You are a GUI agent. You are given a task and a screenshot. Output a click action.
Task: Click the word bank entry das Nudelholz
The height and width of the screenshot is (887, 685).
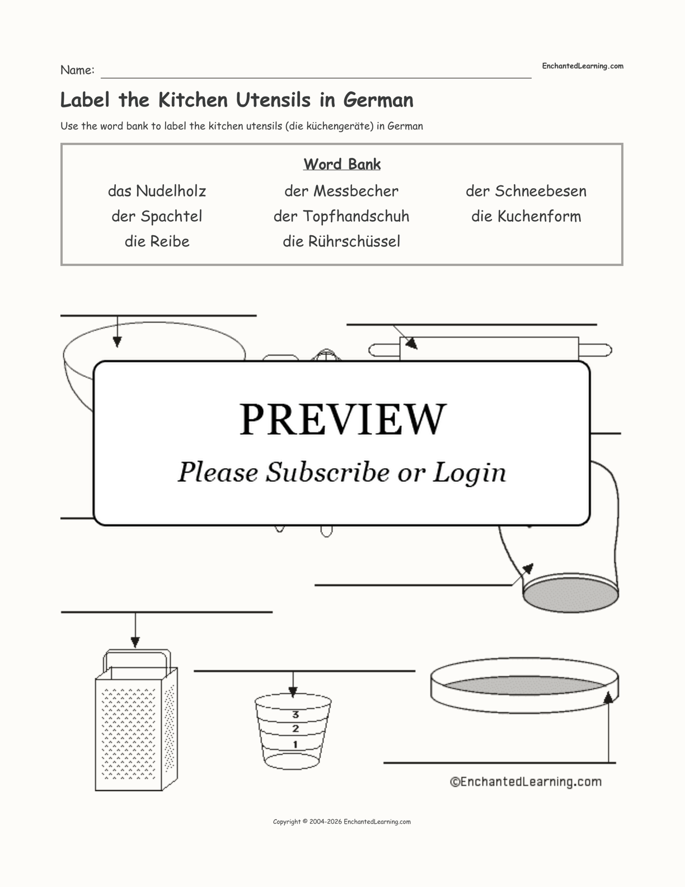pyautogui.click(x=157, y=191)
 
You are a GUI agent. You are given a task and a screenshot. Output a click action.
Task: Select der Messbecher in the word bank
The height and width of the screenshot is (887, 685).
pyautogui.click(x=341, y=191)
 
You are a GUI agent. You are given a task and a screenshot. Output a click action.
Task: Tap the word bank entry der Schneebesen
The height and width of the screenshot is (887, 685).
pyautogui.click(x=526, y=191)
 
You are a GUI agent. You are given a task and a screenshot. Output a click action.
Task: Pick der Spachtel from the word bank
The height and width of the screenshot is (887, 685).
pyautogui.click(x=157, y=216)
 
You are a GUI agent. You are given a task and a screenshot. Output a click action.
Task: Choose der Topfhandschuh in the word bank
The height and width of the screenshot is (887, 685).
pyautogui.click(x=341, y=216)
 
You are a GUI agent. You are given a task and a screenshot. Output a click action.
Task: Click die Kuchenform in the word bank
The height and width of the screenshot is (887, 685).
pyautogui.click(x=526, y=216)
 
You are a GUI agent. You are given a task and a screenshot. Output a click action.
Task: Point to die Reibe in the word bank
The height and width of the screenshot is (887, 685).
pyautogui.click(x=157, y=241)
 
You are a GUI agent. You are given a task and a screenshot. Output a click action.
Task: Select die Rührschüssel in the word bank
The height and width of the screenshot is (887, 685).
pyautogui.click(x=341, y=241)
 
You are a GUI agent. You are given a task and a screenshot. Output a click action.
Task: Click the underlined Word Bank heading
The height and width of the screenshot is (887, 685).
pyautogui.click(x=342, y=164)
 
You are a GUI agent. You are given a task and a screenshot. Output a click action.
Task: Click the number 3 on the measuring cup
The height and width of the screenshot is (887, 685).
pyautogui.click(x=295, y=715)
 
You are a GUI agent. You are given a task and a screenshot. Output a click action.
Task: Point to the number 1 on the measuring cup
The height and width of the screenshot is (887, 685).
pyautogui.click(x=295, y=744)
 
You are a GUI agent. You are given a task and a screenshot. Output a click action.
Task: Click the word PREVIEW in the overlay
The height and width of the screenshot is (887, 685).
pyautogui.click(x=342, y=419)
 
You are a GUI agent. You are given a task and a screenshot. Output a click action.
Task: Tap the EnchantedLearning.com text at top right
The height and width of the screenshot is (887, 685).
pyautogui.click(x=582, y=66)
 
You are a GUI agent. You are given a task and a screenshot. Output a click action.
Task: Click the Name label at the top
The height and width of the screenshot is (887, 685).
pyautogui.click(x=77, y=70)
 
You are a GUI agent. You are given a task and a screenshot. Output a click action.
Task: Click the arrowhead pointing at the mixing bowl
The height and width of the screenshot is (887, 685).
pyautogui.click(x=117, y=342)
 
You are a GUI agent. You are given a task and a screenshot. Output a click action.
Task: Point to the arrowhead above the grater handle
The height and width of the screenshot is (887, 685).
pyautogui.click(x=135, y=642)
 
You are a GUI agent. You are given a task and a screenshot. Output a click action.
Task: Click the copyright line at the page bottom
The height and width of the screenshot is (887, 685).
pyautogui.click(x=341, y=821)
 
